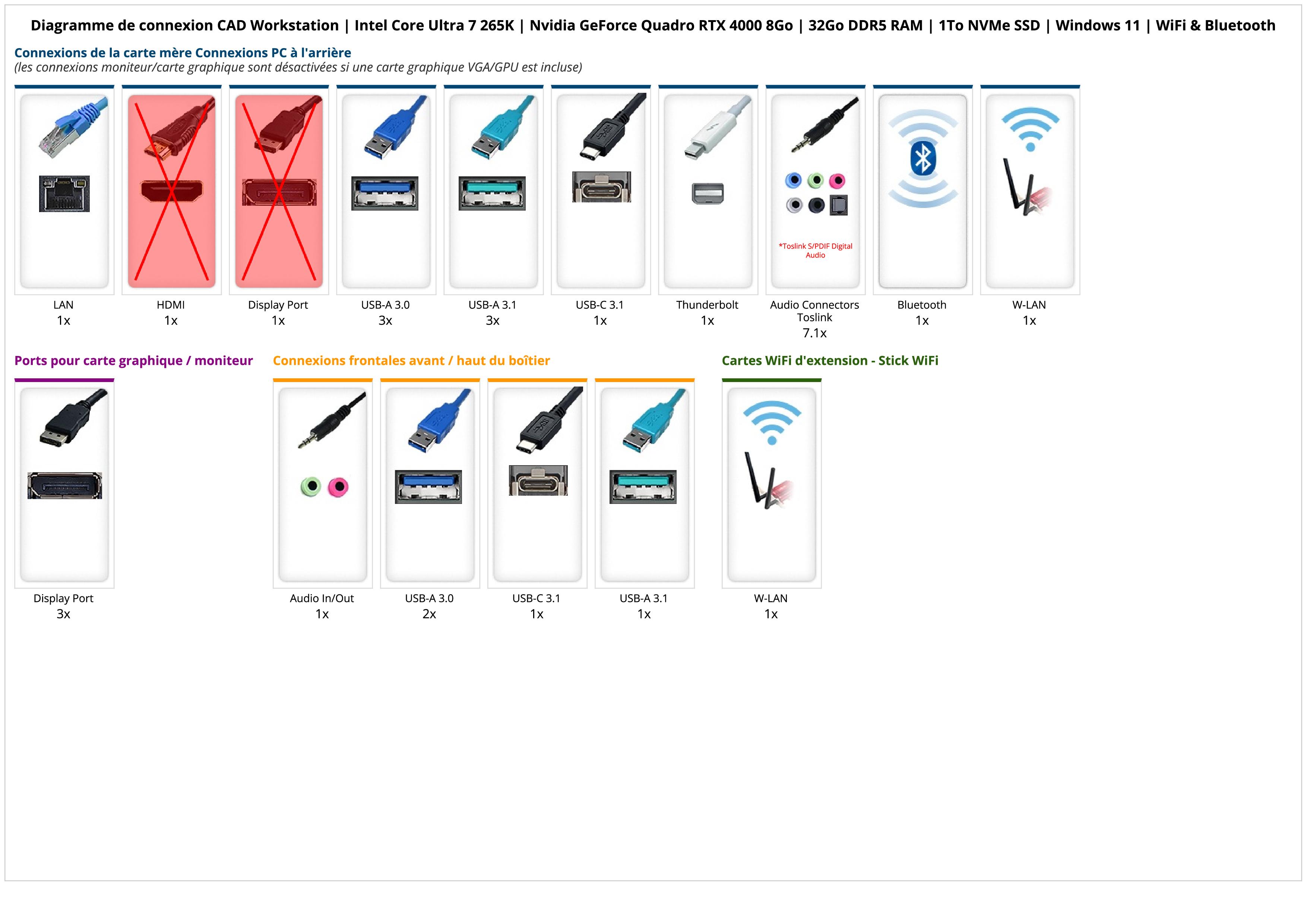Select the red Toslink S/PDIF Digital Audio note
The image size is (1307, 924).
pyautogui.click(x=815, y=250)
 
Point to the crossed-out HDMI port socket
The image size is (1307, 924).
pyautogui.click(x=171, y=191)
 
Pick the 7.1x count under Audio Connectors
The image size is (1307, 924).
pyautogui.click(x=814, y=333)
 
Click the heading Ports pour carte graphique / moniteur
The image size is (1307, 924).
pyautogui.click(x=133, y=360)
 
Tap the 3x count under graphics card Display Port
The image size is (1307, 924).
pyautogui.click(x=63, y=614)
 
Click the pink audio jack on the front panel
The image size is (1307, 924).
pyautogui.click(x=339, y=487)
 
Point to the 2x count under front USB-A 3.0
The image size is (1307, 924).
pyautogui.click(x=429, y=614)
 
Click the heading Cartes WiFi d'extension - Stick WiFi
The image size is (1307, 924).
pyautogui.click(x=829, y=360)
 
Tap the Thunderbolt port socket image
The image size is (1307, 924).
pyautogui.click(x=708, y=193)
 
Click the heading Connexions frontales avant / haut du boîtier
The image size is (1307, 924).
pyautogui.click(x=411, y=360)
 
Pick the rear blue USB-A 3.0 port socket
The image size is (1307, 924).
pyautogui.click(x=385, y=193)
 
